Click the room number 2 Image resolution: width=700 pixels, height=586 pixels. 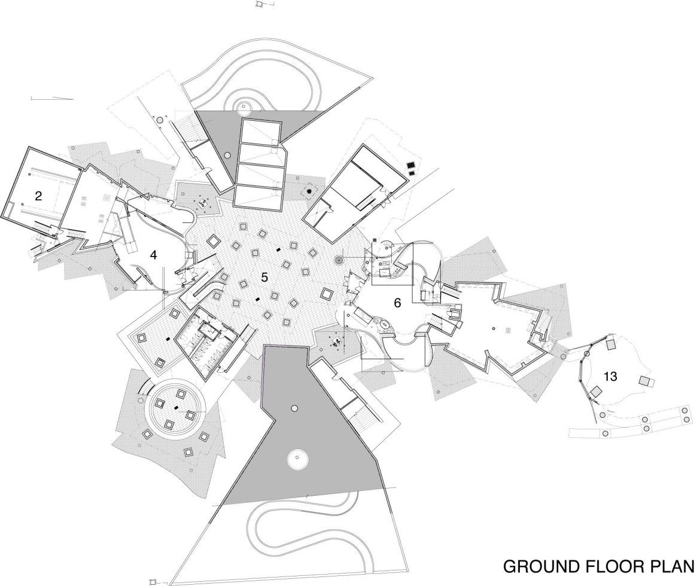pos(38,196)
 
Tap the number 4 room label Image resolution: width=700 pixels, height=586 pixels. pos(154,255)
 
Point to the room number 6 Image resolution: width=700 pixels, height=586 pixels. pos(397,303)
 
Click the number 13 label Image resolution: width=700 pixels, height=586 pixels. pos(610,377)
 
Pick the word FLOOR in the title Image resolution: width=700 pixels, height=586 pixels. pos(614,566)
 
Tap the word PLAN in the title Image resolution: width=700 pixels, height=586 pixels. pos(672,566)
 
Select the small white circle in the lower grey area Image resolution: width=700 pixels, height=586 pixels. pos(294,408)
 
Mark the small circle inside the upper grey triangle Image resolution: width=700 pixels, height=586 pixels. pos(227,155)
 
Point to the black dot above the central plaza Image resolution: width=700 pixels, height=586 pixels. pos(309,191)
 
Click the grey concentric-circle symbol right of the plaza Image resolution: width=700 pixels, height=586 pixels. pos(339,260)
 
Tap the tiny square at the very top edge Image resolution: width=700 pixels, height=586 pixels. pos(259,4)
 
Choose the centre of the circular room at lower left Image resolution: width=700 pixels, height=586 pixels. pos(176,407)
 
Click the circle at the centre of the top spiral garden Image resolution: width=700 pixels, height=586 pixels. pos(244,108)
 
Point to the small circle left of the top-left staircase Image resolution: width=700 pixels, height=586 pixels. pos(159,120)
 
